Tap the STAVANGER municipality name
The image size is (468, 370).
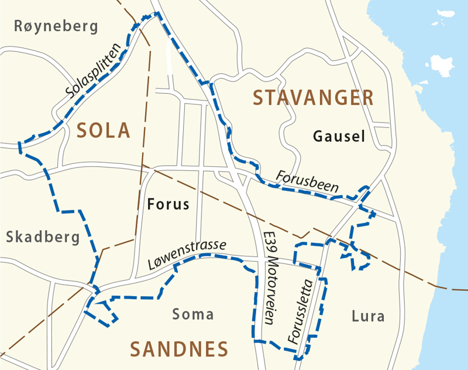[x=313, y=98]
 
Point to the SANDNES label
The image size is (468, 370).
[x=178, y=350]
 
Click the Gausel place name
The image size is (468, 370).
[x=339, y=137]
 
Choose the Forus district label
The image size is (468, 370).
[x=168, y=204]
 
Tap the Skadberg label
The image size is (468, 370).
[x=42, y=237]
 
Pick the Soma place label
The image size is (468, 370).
[x=193, y=314]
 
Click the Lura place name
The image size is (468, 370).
[x=369, y=317]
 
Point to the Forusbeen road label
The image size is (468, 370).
[x=308, y=182]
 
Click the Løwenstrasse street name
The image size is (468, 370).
[x=187, y=256]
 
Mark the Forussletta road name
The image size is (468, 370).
[x=301, y=310]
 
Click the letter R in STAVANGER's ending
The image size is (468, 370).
[x=367, y=98]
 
